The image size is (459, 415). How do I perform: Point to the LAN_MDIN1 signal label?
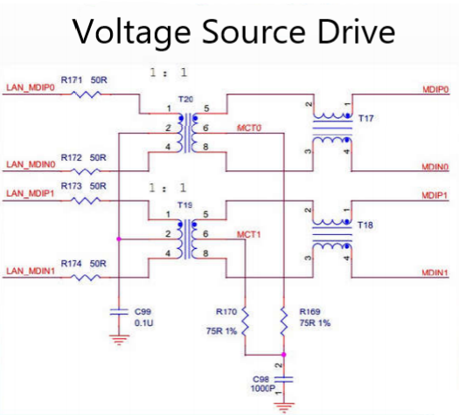click(31, 272)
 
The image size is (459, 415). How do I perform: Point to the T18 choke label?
click(365, 225)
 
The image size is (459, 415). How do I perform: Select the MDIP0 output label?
click(435, 88)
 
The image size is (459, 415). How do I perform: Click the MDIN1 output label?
click(435, 273)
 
